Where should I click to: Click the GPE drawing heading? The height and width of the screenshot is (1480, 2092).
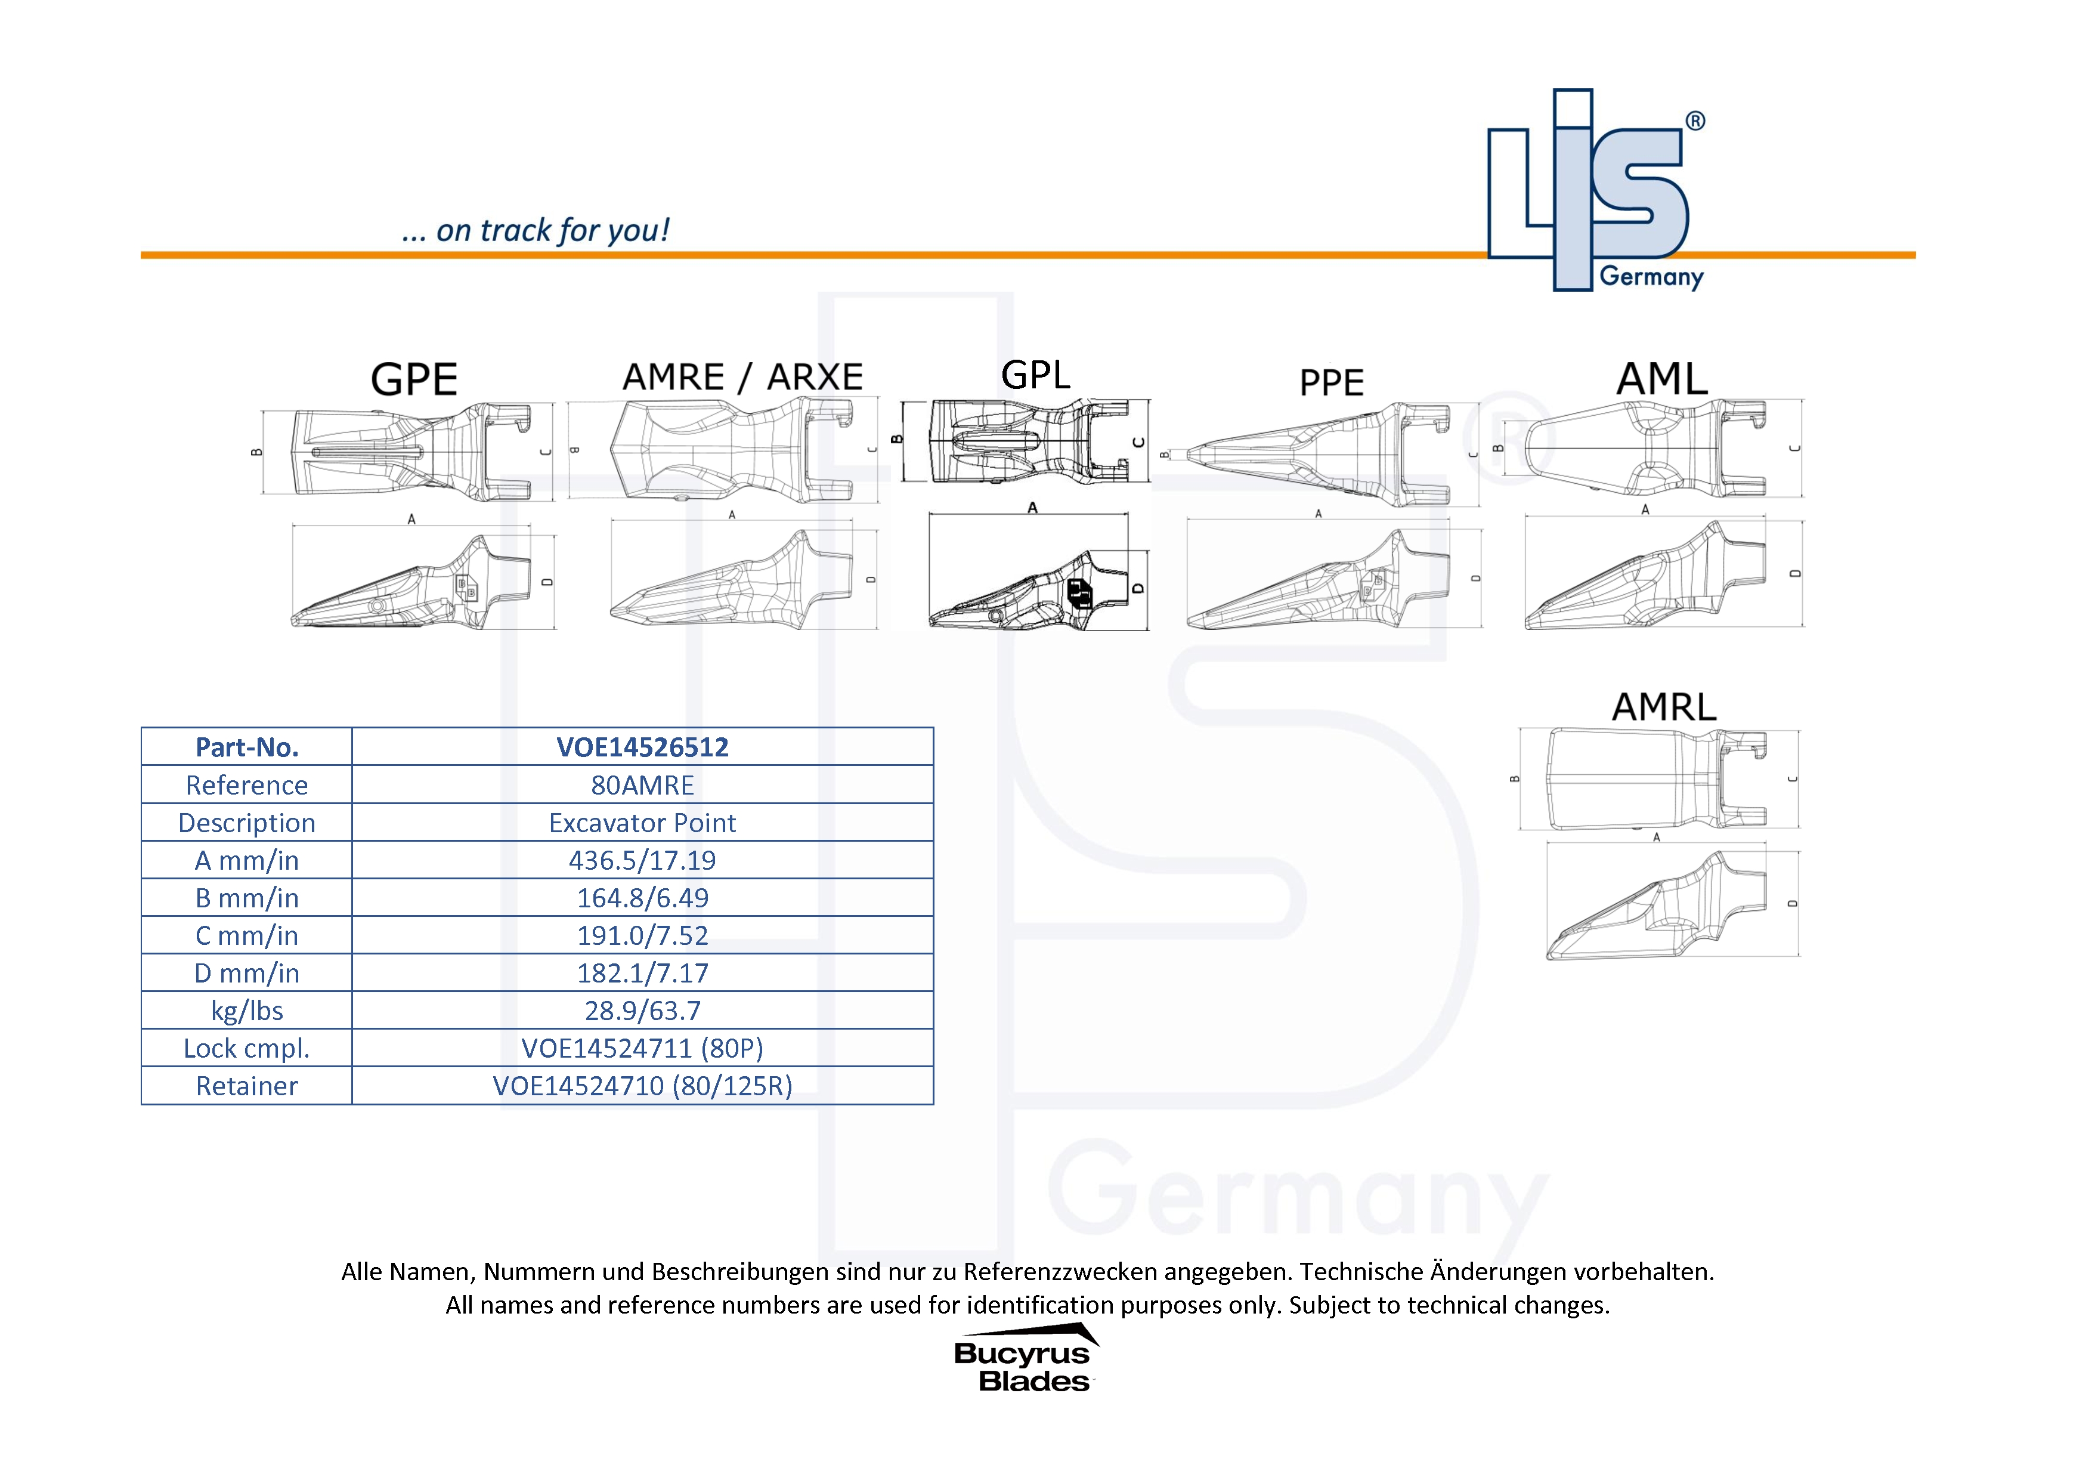pyautogui.click(x=414, y=379)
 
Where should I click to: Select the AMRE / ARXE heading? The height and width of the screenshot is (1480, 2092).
pyautogui.click(x=742, y=377)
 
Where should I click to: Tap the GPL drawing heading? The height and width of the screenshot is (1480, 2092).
pyautogui.click(x=1035, y=375)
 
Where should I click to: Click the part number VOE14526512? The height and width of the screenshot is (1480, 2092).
pyautogui.click(x=642, y=747)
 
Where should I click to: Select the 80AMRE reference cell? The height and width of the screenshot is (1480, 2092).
pyautogui.click(x=642, y=784)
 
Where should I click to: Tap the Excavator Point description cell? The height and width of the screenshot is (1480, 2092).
pyautogui.click(x=642, y=823)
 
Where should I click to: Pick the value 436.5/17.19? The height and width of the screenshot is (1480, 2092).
pyautogui.click(x=642, y=860)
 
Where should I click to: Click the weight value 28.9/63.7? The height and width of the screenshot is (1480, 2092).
pyautogui.click(x=642, y=1011)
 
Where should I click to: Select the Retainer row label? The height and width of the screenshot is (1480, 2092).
pyautogui.click(x=247, y=1086)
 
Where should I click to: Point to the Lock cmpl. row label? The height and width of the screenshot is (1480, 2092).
pyautogui.click(x=247, y=1049)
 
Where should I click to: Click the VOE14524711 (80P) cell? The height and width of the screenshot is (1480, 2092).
pyautogui.click(x=642, y=1049)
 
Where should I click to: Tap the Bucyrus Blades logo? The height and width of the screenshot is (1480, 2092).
pyautogui.click(x=1025, y=1360)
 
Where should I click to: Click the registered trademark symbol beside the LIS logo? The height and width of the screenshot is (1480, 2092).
pyautogui.click(x=1695, y=121)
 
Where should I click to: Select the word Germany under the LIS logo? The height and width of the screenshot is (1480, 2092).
pyautogui.click(x=1651, y=276)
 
